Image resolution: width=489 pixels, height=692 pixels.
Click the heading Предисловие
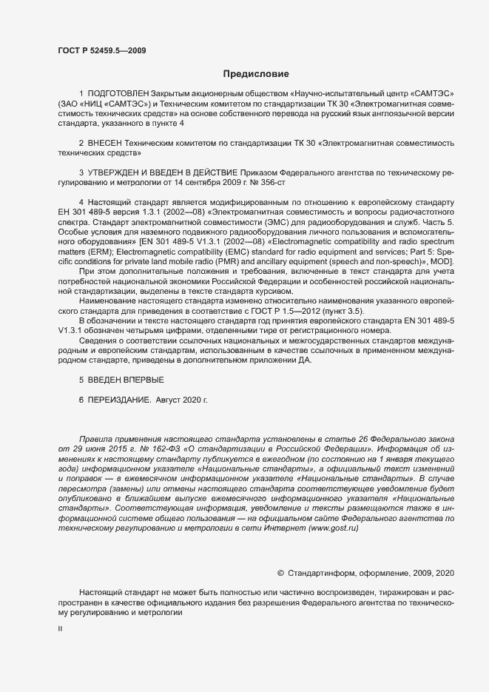255,73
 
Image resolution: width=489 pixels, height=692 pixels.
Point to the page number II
60,629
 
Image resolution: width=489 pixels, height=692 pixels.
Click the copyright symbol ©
280,574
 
